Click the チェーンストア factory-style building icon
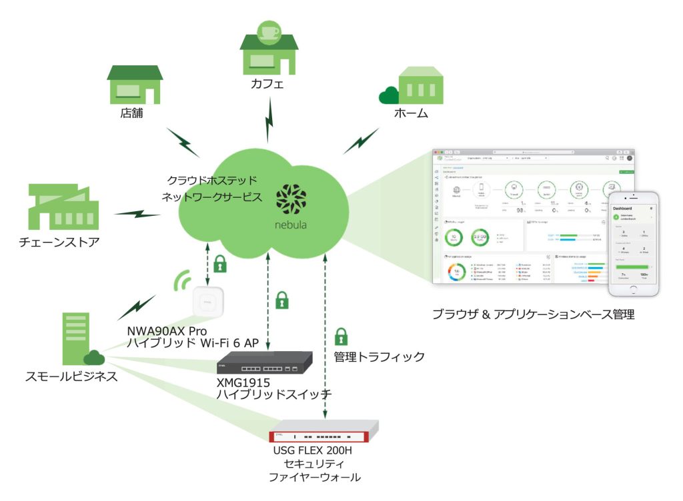click(x=59, y=207)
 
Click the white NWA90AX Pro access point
click(x=208, y=304)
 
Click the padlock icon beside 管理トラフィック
click(x=341, y=336)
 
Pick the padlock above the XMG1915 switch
click(x=282, y=300)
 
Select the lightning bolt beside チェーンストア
click(x=137, y=213)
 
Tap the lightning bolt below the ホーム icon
click(x=360, y=139)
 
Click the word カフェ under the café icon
click(x=267, y=84)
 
